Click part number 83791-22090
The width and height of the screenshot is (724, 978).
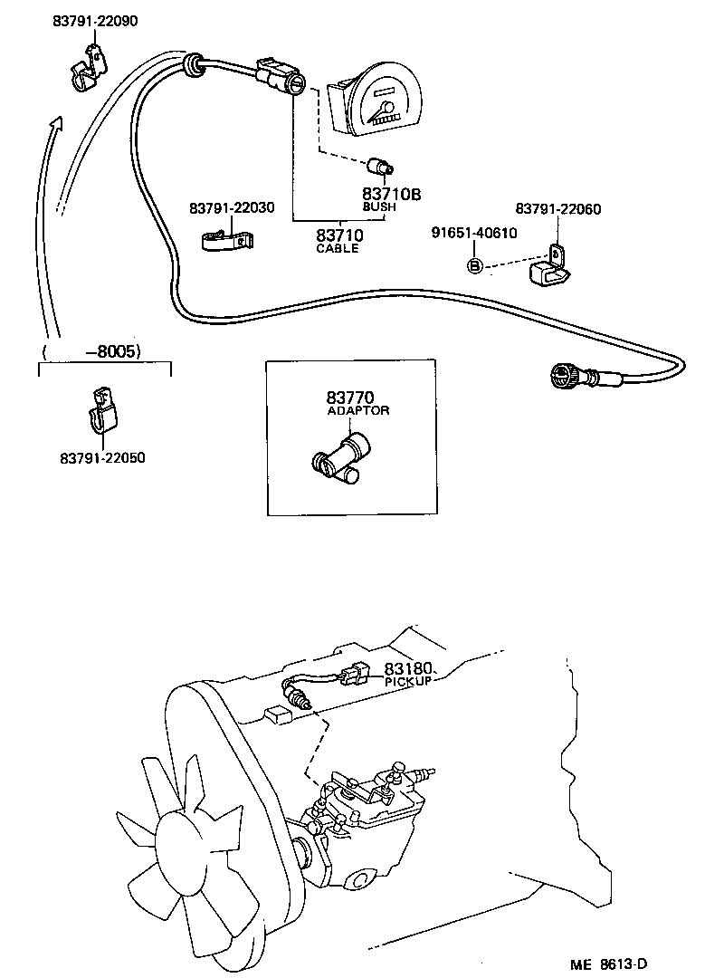(95, 21)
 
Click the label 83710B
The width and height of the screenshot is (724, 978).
(392, 194)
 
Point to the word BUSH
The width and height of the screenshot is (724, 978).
(379, 206)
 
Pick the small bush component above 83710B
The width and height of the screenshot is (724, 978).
(381, 166)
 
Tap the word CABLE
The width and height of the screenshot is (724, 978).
(337, 248)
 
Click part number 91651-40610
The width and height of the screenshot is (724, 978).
(473, 233)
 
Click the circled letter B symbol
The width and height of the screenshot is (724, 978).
(475, 265)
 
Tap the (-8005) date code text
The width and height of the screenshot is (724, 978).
(93, 351)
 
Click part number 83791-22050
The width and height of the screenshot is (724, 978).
(102, 458)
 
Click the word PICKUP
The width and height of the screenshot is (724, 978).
(406, 681)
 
